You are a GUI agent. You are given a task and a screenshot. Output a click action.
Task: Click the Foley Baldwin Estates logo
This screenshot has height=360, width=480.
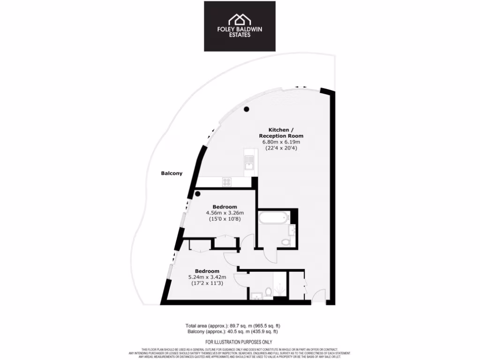[240, 26]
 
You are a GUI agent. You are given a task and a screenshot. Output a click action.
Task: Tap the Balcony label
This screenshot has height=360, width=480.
[172, 173]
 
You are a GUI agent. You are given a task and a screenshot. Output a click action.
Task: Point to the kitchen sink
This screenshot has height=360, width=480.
[248, 164]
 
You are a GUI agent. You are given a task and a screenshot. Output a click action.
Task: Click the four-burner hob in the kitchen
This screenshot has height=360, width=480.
[227, 183]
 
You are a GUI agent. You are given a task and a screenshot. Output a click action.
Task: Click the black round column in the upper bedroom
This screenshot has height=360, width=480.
[198, 194]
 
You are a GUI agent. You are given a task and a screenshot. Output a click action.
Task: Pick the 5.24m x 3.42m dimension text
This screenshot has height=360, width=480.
[207, 277]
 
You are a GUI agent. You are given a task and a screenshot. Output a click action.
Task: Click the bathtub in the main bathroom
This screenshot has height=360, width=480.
[273, 218]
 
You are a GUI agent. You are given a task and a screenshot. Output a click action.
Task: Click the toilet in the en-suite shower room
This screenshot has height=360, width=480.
[268, 292]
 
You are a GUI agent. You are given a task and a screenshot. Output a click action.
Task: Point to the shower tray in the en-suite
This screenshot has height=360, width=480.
[279, 287]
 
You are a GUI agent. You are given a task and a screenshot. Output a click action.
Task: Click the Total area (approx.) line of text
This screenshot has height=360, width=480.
[233, 325]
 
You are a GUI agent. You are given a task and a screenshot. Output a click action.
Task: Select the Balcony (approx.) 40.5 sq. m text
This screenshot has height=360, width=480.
[233, 331]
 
